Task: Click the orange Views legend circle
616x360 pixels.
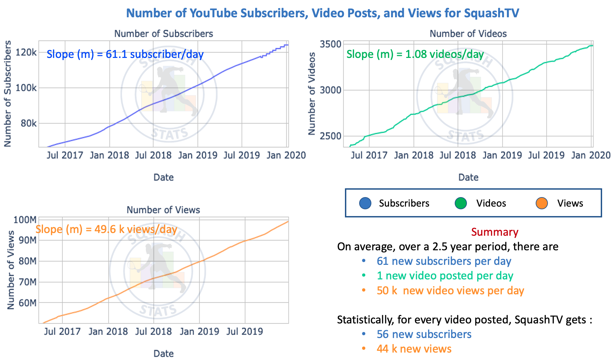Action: click(x=542, y=203)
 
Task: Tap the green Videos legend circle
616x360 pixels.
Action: click(x=461, y=203)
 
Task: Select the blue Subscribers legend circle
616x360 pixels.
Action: click(x=365, y=203)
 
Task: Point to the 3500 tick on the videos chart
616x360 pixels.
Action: click(x=330, y=44)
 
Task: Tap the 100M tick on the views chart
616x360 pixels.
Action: click(x=24, y=220)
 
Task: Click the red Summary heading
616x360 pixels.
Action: click(x=494, y=232)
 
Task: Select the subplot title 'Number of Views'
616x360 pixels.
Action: click(x=163, y=210)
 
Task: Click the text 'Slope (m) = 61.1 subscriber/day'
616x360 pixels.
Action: click(x=125, y=54)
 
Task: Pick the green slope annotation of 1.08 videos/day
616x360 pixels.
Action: click(x=415, y=54)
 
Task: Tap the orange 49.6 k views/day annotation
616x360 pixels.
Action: click(x=106, y=229)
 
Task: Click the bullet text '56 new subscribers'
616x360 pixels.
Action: click(x=424, y=334)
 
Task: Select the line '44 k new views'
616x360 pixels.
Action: click(x=414, y=349)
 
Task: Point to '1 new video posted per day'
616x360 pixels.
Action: click(x=445, y=276)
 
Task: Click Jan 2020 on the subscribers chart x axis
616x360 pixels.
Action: click(x=286, y=155)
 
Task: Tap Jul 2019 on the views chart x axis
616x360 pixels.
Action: click(x=245, y=331)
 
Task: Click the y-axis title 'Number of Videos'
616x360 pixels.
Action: click(x=312, y=94)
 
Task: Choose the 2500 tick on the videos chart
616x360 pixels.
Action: click(x=330, y=136)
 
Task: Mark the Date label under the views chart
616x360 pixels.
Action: click(x=163, y=353)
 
